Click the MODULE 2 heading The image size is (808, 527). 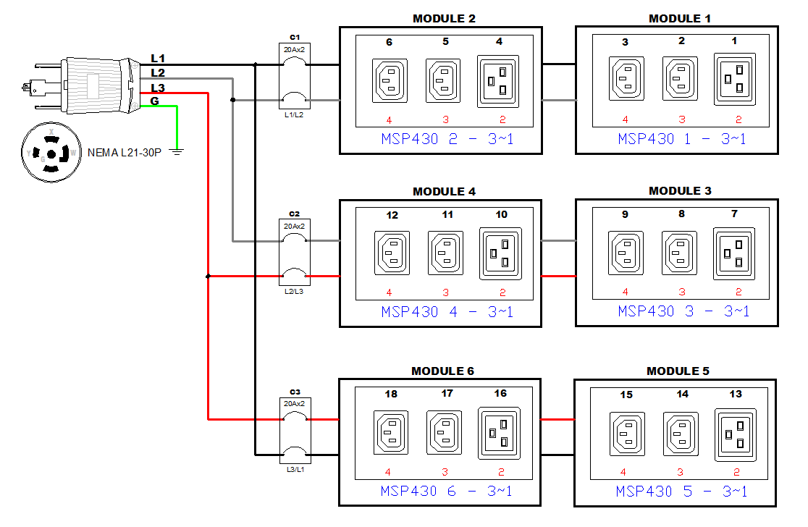coord(444,18)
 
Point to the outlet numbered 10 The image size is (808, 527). coord(500,253)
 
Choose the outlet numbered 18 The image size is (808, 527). coord(390,432)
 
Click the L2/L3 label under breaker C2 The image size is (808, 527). coord(294,291)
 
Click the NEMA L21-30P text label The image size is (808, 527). coord(124,153)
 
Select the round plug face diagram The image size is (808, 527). coord(50,153)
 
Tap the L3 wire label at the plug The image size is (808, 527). coord(158,88)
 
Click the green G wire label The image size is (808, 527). coord(154,101)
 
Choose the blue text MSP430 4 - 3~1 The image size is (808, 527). coord(447,313)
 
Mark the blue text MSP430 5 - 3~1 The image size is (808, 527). coord(681,492)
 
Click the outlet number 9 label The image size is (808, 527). coord(625,214)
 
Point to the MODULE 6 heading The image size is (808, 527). coord(442,371)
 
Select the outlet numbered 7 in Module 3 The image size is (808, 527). coord(735,253)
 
